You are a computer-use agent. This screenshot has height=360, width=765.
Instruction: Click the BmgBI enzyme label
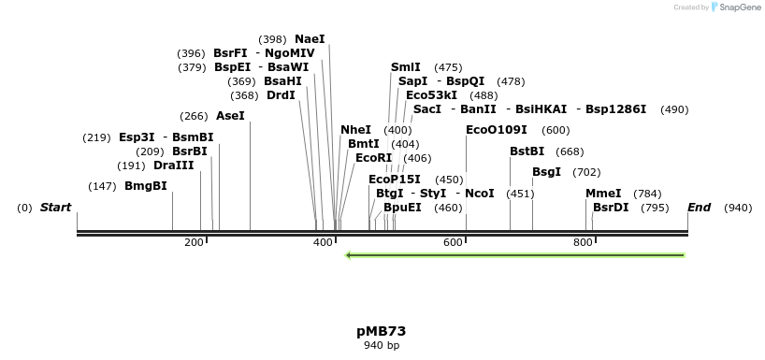[x=146, y=186]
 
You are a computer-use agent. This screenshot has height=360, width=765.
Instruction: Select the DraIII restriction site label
[x=173, y=166]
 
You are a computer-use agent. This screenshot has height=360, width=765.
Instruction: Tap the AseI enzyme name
[x=230, y=116]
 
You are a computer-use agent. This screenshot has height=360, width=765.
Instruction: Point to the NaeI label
[x=310, y=39]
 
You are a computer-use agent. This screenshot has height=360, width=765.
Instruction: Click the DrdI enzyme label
[x=281, y=95]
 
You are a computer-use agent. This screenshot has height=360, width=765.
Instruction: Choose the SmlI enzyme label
[x=406, y=67]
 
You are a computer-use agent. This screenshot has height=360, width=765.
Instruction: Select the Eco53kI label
[x=432, y=95]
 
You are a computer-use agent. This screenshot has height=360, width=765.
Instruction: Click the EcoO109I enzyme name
[x=497, y=130]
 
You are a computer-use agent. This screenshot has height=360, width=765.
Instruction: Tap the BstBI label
[x=527, y=151]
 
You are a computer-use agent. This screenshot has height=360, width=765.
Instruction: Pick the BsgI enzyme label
[x=546, y=172]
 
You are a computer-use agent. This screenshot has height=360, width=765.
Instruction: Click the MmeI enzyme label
[x=603, y=194]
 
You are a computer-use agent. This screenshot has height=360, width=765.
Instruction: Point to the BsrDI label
[x=611, y=208]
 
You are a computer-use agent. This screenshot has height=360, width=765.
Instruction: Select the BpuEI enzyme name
[x=402, y=208]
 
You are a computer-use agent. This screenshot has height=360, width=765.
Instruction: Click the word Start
[x=55, y=208]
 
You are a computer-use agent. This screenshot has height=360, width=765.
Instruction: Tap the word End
[x=699, y=208]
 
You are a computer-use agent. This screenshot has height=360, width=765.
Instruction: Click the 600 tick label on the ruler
[x=454, y=243]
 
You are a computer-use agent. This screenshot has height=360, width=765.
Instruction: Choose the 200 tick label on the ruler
[x=194, y=243]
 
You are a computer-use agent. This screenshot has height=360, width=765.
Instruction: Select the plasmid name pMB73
[x=381, y=331]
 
